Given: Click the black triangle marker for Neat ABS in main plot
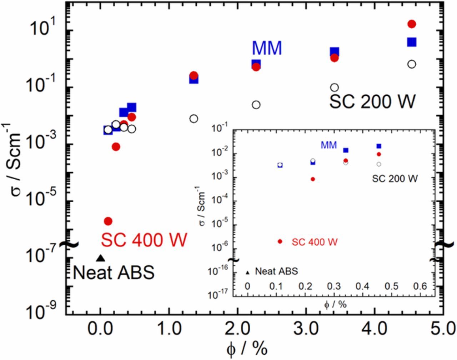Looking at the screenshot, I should pyautogui.click(x=100, y=258).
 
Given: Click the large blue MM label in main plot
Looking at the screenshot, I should pyautogui.click(x=267, y=49).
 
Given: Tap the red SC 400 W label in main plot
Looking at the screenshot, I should pyautogui.click(x=144, y=240).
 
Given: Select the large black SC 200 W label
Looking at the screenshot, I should pyautogui.click(x=372, y=102).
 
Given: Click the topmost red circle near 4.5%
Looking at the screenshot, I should pyautogui.click(x=412, y=24).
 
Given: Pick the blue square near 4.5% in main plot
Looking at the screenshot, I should pyautogui.click(x=412, y=42).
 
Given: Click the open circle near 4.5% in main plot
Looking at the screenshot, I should pyautogui.click(x=412, y=64).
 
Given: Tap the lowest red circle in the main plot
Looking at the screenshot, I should pyautogui.click(x=108, y=221).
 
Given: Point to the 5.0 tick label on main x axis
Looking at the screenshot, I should pyautogui.click(x=443, y=328).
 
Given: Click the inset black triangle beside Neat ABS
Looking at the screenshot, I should pyautogui.click(x=247, y=273).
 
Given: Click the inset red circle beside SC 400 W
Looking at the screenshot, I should pyautogui.click(x=280, y=242).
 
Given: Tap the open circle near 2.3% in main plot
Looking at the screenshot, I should pyautogui.click(x=256, y=105).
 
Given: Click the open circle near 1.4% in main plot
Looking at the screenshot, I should pyautogui.click(x=194, y=119).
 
